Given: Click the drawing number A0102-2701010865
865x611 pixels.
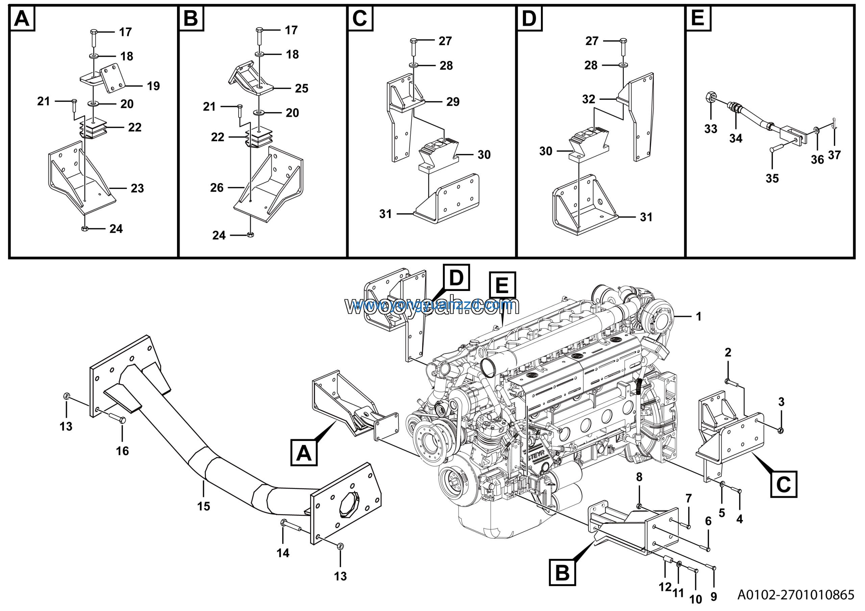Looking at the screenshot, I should tap(795, 595).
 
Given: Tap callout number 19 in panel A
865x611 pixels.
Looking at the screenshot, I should tap(153, 86).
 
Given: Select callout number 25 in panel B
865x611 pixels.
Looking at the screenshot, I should tap(301, 88).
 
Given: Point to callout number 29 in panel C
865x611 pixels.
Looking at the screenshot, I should tap(453, 102).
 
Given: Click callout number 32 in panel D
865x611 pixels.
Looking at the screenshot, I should tap(589, 99).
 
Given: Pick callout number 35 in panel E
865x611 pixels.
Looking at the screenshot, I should tap(772, 178).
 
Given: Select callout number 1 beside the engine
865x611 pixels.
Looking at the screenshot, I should tap(698, 316).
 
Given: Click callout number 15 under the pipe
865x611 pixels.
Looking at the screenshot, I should tap(203, 506).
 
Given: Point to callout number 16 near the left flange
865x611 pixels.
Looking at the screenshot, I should tap(122, 451).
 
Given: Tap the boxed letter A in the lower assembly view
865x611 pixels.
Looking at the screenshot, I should tap(304, 453).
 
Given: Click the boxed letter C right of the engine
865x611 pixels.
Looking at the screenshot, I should tap(784, 484).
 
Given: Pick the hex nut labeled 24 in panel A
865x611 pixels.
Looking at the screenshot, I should tap(85, 229).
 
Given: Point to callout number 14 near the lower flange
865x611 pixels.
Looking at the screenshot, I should tap(283, 553).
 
